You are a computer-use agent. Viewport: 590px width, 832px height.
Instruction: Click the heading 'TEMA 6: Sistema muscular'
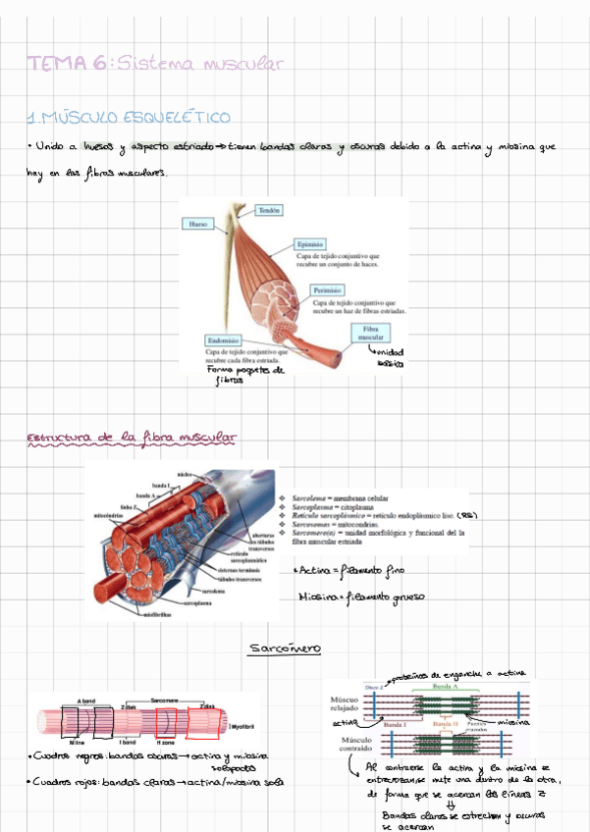tap(157, 65)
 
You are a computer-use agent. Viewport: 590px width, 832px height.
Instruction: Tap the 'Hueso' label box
tap(196, 225)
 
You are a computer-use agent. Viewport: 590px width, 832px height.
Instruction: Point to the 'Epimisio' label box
tap(310, 243)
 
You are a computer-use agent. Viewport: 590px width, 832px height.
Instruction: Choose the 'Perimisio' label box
tap(327, 290)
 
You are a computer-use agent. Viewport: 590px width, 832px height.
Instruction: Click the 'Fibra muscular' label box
tap(371, 334)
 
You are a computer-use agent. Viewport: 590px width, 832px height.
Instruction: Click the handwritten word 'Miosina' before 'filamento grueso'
tap(316, 595)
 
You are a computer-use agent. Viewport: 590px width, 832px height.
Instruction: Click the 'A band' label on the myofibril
tap(85, 702)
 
